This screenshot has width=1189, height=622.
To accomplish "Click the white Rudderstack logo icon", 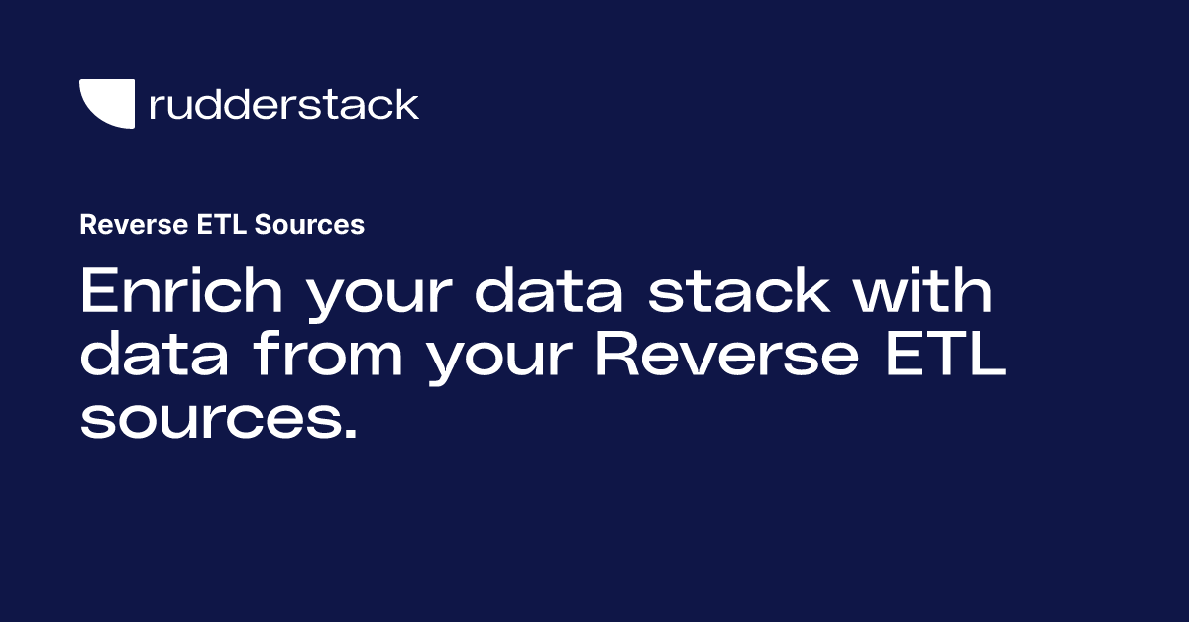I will pyautogui.click(x=105, y=102).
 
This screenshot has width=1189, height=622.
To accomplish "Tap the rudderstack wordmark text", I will pyautogui.click(x=283, y=104).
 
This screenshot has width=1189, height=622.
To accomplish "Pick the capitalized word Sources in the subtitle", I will pyautogui.click(x=309, y=225).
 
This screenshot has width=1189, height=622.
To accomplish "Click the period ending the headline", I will pyautogui.click(x=347, y=433).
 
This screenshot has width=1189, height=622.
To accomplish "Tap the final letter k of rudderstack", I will pyautogui.click(x=408, y=104).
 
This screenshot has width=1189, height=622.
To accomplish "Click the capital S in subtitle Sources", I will pyautogui.click(x=263, y=225).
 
